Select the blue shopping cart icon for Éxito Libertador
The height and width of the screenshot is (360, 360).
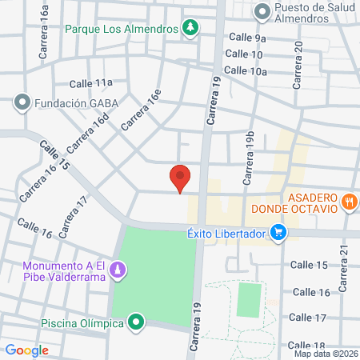278,233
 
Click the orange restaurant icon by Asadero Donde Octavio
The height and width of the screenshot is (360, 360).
348,202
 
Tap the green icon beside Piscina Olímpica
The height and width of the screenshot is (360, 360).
137,323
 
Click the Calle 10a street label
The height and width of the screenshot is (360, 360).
246,70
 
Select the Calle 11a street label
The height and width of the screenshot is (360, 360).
90,82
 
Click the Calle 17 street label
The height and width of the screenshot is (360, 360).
309,318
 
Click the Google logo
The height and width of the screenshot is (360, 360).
27,350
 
